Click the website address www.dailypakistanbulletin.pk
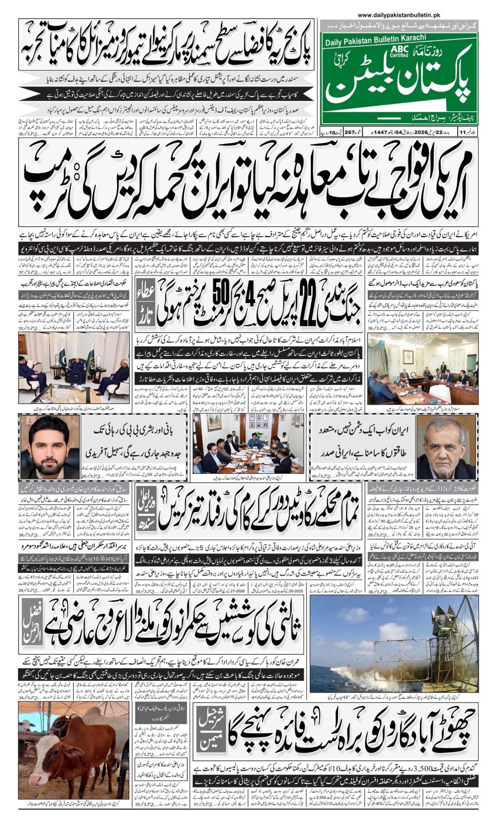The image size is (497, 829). (x=399, y=16)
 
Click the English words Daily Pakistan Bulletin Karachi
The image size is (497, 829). (x=375, y=38)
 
